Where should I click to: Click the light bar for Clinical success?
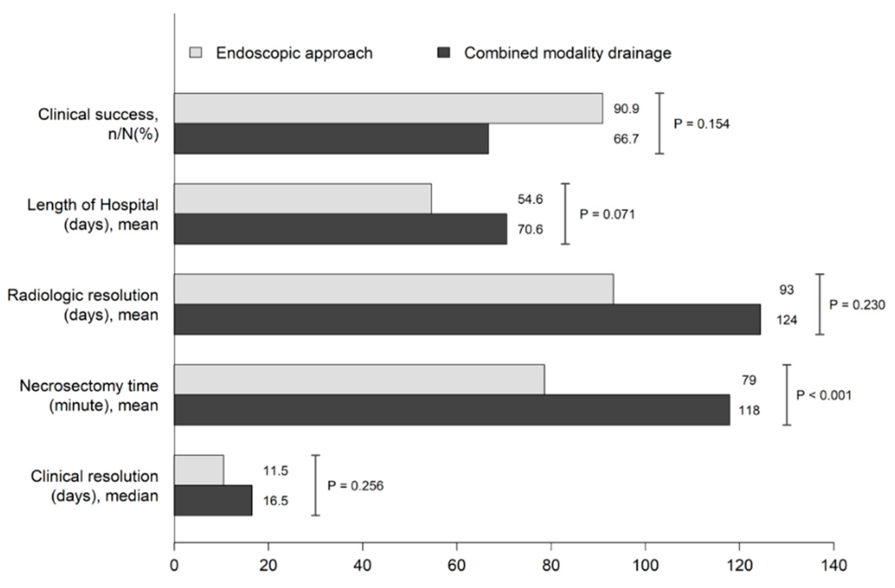(x=388, y=108)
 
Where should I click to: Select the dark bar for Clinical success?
(x=331, y=138)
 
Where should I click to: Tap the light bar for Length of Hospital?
(x=303, y=199)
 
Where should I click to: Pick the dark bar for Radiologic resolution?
(x=467, y=319)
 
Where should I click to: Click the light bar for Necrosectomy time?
(x=359, y=380)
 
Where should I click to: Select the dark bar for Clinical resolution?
(x=213, y=500)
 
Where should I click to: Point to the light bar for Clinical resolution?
(x=199, y=470)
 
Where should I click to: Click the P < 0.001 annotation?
(x=824, y=395)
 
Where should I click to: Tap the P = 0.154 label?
(x=701, y=124)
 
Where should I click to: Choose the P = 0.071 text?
(x=607, y=214)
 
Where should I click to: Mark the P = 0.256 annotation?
(x=355, y=486)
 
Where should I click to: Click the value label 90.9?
(x=627, y=109)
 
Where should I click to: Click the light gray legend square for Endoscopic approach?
(x=195, y=53)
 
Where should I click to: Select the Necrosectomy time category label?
(x=89, y=396)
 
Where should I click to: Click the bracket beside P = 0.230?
(x=820, y=304)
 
